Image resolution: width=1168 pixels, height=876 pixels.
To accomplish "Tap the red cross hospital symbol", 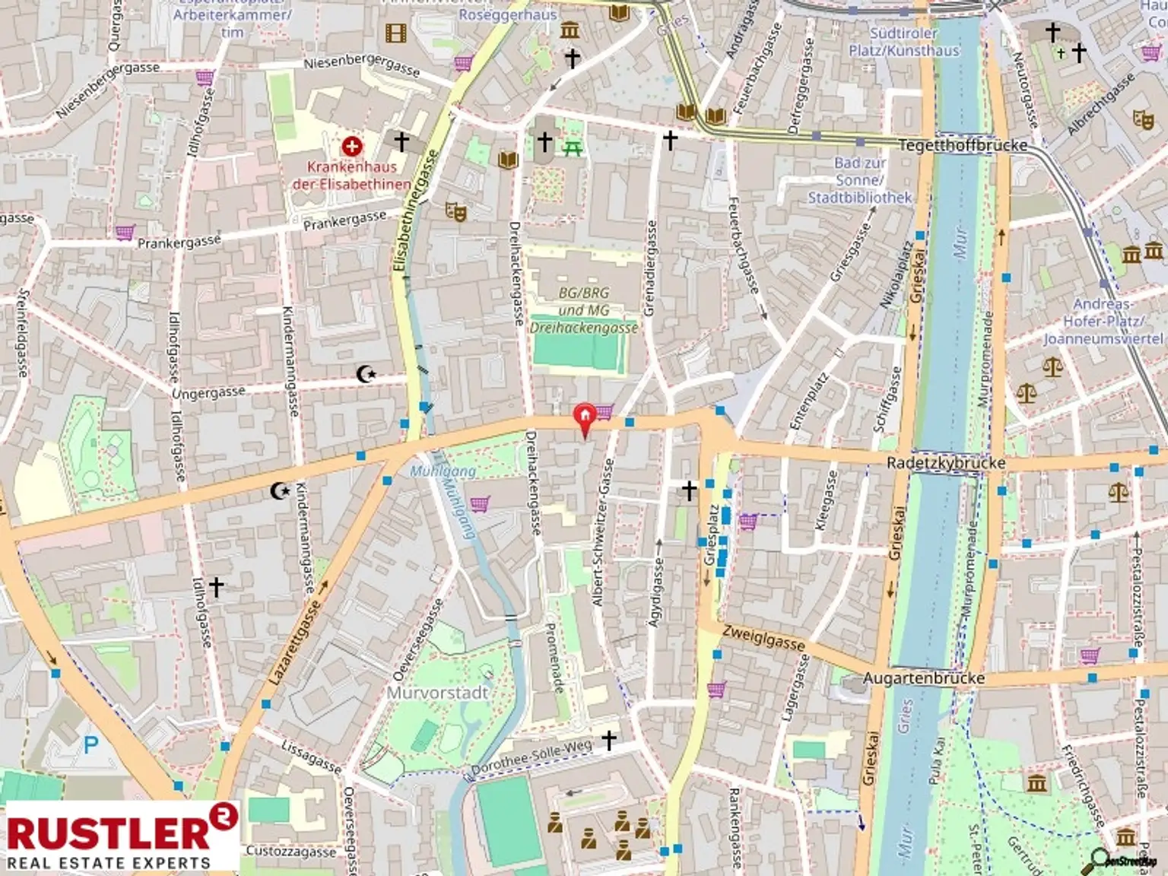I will (x=351, y=146).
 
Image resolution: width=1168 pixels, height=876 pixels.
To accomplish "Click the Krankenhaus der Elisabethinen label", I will (x=351, y=175).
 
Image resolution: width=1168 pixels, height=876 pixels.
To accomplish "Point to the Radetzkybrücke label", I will (x=945, y=462).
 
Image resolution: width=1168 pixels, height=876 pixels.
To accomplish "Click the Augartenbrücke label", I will (x=923, y=678).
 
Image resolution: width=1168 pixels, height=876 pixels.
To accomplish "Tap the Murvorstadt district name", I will (x=437, y=693).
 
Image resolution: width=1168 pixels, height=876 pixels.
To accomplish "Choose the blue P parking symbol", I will (x=91, y=745).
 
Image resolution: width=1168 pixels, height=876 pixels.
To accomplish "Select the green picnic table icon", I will (x=573, y=148).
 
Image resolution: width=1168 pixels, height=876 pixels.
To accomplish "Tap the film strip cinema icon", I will (x=395, y=33).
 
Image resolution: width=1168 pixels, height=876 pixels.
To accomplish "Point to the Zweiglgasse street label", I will (x=763, y=636).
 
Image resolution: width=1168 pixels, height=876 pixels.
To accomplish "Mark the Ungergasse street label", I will (x=208, y=393).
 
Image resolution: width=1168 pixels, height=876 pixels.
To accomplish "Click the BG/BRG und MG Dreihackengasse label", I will (x=583, y=310).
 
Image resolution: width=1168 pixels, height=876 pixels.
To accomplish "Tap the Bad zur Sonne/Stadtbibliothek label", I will (x=859, y=180).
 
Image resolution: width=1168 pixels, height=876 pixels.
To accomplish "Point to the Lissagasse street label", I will (x=311, y=757).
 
